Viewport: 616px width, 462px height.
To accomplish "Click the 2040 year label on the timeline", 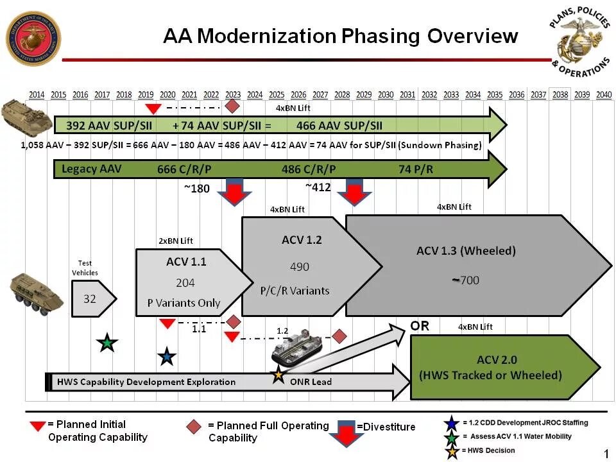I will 603,95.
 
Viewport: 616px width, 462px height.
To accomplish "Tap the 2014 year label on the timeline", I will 37,95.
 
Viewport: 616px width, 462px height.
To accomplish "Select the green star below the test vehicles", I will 107,343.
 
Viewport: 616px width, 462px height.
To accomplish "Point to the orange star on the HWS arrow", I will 278,376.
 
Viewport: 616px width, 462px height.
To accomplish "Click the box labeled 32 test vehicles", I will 90,298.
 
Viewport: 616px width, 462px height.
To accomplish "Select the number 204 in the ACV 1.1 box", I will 185,283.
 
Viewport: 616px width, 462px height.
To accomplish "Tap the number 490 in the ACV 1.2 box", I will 300,267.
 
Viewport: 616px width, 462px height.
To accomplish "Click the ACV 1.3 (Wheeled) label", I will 466,251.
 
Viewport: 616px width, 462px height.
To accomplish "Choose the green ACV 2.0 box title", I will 497,360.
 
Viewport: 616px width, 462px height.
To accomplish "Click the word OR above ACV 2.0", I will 420,326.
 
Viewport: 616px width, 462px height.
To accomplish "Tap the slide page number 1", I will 606,454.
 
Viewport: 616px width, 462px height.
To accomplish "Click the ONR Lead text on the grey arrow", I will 311,382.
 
